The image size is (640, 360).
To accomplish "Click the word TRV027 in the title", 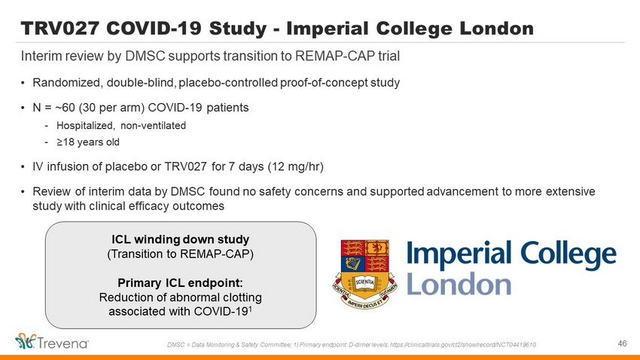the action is [x=60, y=28].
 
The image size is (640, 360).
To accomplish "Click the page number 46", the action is [x=622, y=343].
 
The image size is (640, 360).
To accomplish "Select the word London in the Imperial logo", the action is [x=459, y=284].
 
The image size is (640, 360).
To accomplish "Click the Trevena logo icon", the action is [x=26, y=341].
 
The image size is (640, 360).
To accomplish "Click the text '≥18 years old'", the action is [x=88, y=142].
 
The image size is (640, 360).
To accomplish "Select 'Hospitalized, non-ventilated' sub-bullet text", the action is [x=121, y=125].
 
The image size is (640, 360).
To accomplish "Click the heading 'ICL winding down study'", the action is [x=181, y=239].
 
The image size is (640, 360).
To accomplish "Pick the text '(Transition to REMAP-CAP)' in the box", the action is [x=181, y=254].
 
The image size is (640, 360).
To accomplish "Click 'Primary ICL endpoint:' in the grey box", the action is [x=181, y=282].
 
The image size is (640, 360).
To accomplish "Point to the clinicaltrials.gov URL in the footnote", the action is [x=463, y=345].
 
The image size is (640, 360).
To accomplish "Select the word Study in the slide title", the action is [x=238, y=29].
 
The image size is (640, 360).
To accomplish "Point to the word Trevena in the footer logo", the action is [x=63, y=343].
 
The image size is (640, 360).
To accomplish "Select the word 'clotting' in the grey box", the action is [x=241, y=297].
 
